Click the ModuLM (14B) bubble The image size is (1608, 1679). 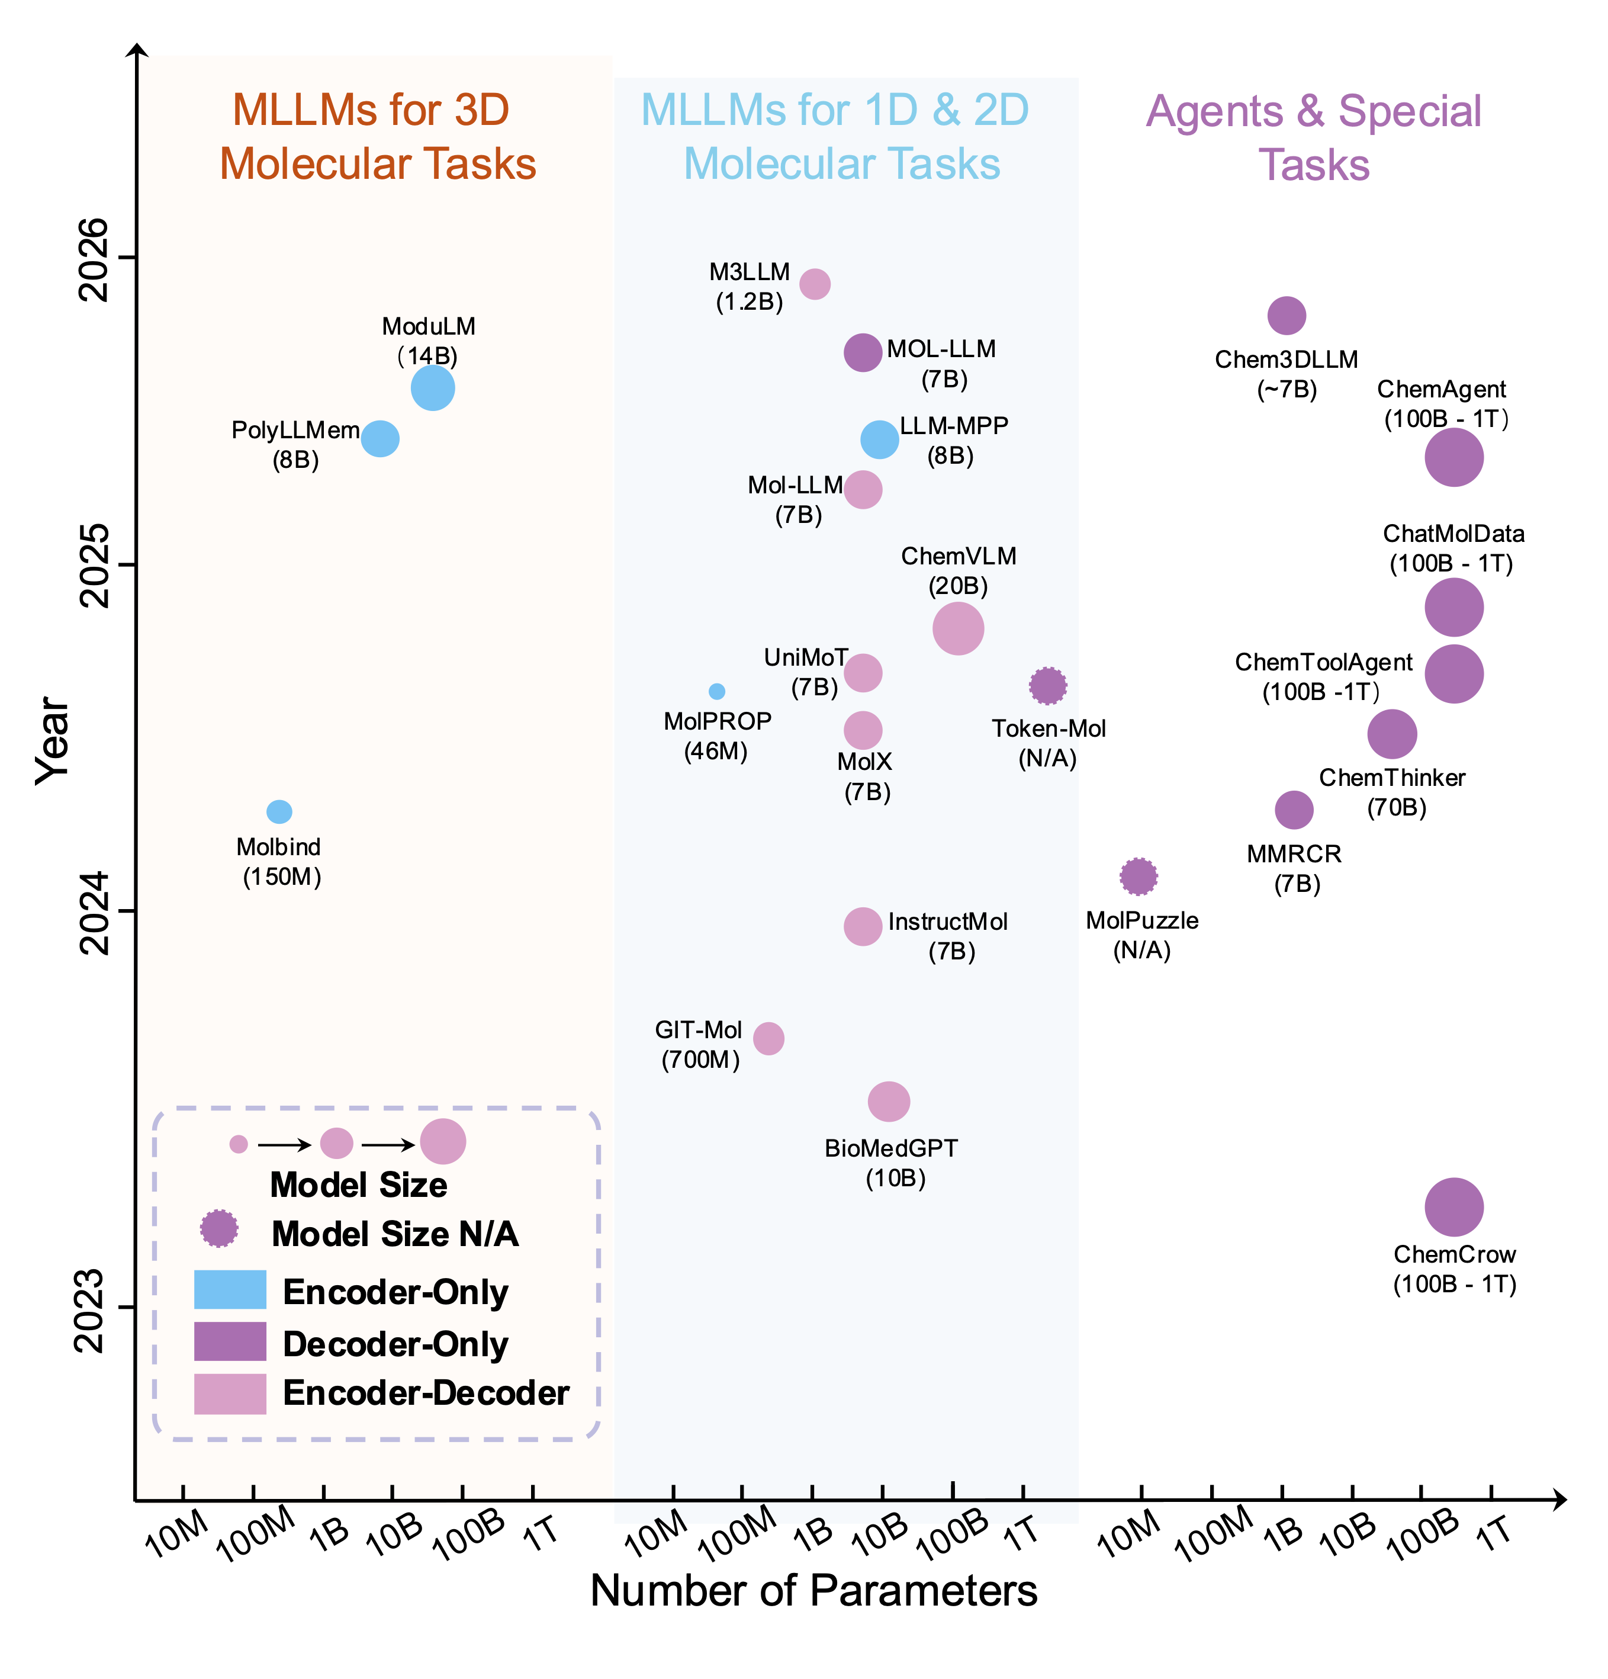point(432,388)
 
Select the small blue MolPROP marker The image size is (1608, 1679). point(716,691)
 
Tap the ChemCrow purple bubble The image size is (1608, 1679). point(1453,1207)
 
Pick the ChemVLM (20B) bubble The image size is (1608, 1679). point(957,628)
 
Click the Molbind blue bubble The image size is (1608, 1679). point(279,811)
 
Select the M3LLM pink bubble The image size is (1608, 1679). point(814,284)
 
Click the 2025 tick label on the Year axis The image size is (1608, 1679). point(94,566)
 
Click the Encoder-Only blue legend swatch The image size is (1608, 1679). point(230,1289)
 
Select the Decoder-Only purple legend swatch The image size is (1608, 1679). point(230,1341)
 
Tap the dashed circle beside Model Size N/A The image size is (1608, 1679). point(219,1228)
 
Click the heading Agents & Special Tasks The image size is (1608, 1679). point(1313,137)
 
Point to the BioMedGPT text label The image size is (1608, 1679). point(890,1148)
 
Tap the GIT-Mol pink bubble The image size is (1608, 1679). point(768,1038)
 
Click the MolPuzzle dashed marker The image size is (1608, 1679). point(1138,877)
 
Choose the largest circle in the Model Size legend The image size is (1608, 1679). point(443,1141)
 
